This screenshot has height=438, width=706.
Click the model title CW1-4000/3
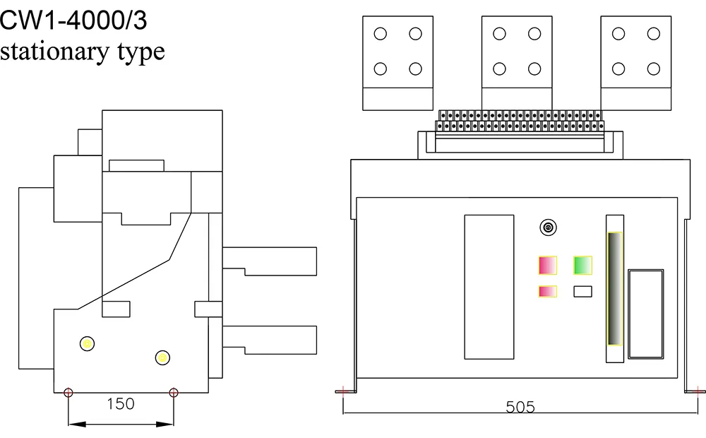[x=73, y=20]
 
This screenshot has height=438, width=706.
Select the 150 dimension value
[x=120, y=404]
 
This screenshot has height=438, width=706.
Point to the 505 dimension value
[x=520, y=408]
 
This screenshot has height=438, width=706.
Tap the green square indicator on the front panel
[x=582, y=266]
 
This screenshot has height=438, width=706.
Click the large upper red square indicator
[x=548, y=265]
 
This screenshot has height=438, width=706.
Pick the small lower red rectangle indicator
[x=548, y=291]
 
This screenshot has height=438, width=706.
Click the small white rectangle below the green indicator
[x=582, y=290]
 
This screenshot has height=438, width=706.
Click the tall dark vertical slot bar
[x=615, y=289]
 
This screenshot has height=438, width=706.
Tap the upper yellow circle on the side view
[x=88, y=343]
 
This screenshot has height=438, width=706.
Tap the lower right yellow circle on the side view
[x=163, y=358]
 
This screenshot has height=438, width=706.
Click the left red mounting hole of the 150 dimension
[x=68, y=393]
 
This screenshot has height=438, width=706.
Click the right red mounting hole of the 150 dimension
[x=174, y=393]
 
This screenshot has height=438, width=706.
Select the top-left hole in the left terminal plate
[x=380, y=33]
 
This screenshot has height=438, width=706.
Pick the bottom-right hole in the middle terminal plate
[x=534, y=69]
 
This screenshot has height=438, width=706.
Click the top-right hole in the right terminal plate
[x=654, y=33]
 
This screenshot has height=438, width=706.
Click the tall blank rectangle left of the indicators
[x=489, y=286]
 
